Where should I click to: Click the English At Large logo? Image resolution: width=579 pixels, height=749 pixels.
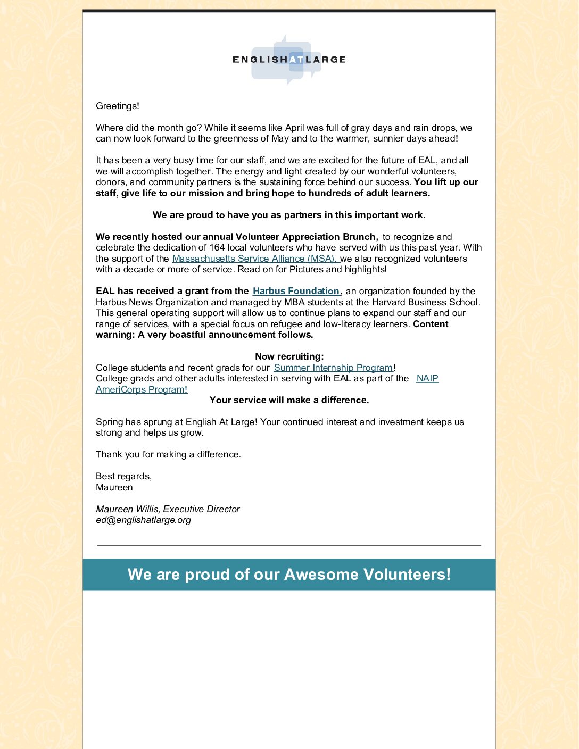pos(289,60)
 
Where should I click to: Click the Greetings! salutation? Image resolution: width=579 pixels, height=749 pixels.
pos(118,106)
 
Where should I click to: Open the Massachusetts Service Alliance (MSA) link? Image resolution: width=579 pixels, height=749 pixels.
pos(254,259)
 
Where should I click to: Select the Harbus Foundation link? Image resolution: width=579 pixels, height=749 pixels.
pos(296,291)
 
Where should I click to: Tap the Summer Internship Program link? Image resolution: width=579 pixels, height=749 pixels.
pos(333,368)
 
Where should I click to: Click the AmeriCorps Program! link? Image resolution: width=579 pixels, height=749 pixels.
pos(142,389)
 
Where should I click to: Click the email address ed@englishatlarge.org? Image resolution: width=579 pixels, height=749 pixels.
pos(143,520)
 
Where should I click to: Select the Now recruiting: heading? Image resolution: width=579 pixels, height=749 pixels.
pos(289,356)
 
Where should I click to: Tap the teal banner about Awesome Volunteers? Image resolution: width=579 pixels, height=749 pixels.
pos(289,575)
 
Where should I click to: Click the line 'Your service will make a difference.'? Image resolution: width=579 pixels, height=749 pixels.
pos(289,400)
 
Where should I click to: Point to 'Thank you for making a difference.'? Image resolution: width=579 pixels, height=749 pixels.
pos(168,454)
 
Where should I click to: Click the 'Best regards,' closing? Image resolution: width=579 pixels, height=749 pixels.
pos(123,476)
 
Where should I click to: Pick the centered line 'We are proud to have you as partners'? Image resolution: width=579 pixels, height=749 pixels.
pos(289,215)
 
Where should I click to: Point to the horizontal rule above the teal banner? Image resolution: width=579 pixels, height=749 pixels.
pos(289,545)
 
